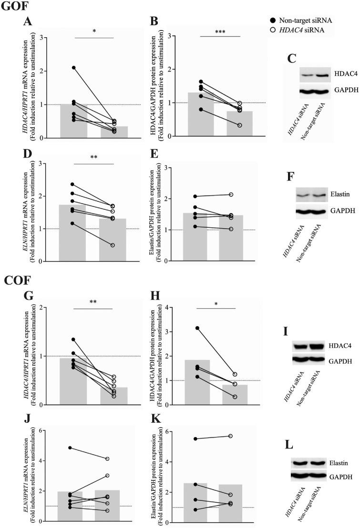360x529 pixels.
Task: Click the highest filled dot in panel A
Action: (73, 68)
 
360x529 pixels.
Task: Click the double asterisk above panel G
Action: (93, 302)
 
